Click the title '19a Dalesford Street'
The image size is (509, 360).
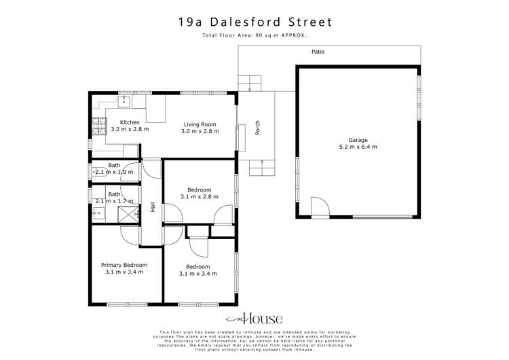254,22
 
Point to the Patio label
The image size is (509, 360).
318,52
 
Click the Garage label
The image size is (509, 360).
358,137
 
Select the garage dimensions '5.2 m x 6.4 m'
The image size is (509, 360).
358,146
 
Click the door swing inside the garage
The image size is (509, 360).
319,206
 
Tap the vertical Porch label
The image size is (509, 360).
257,128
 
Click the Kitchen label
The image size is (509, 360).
130,122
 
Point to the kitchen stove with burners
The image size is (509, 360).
97,124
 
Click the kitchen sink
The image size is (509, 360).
125,102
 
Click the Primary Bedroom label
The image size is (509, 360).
124,265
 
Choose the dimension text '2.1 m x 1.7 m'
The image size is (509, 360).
114,201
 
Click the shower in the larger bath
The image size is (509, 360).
126,215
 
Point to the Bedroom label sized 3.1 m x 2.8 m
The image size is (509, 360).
200,190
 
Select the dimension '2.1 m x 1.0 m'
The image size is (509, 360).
114,173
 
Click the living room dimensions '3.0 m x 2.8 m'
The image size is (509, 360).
200,131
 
